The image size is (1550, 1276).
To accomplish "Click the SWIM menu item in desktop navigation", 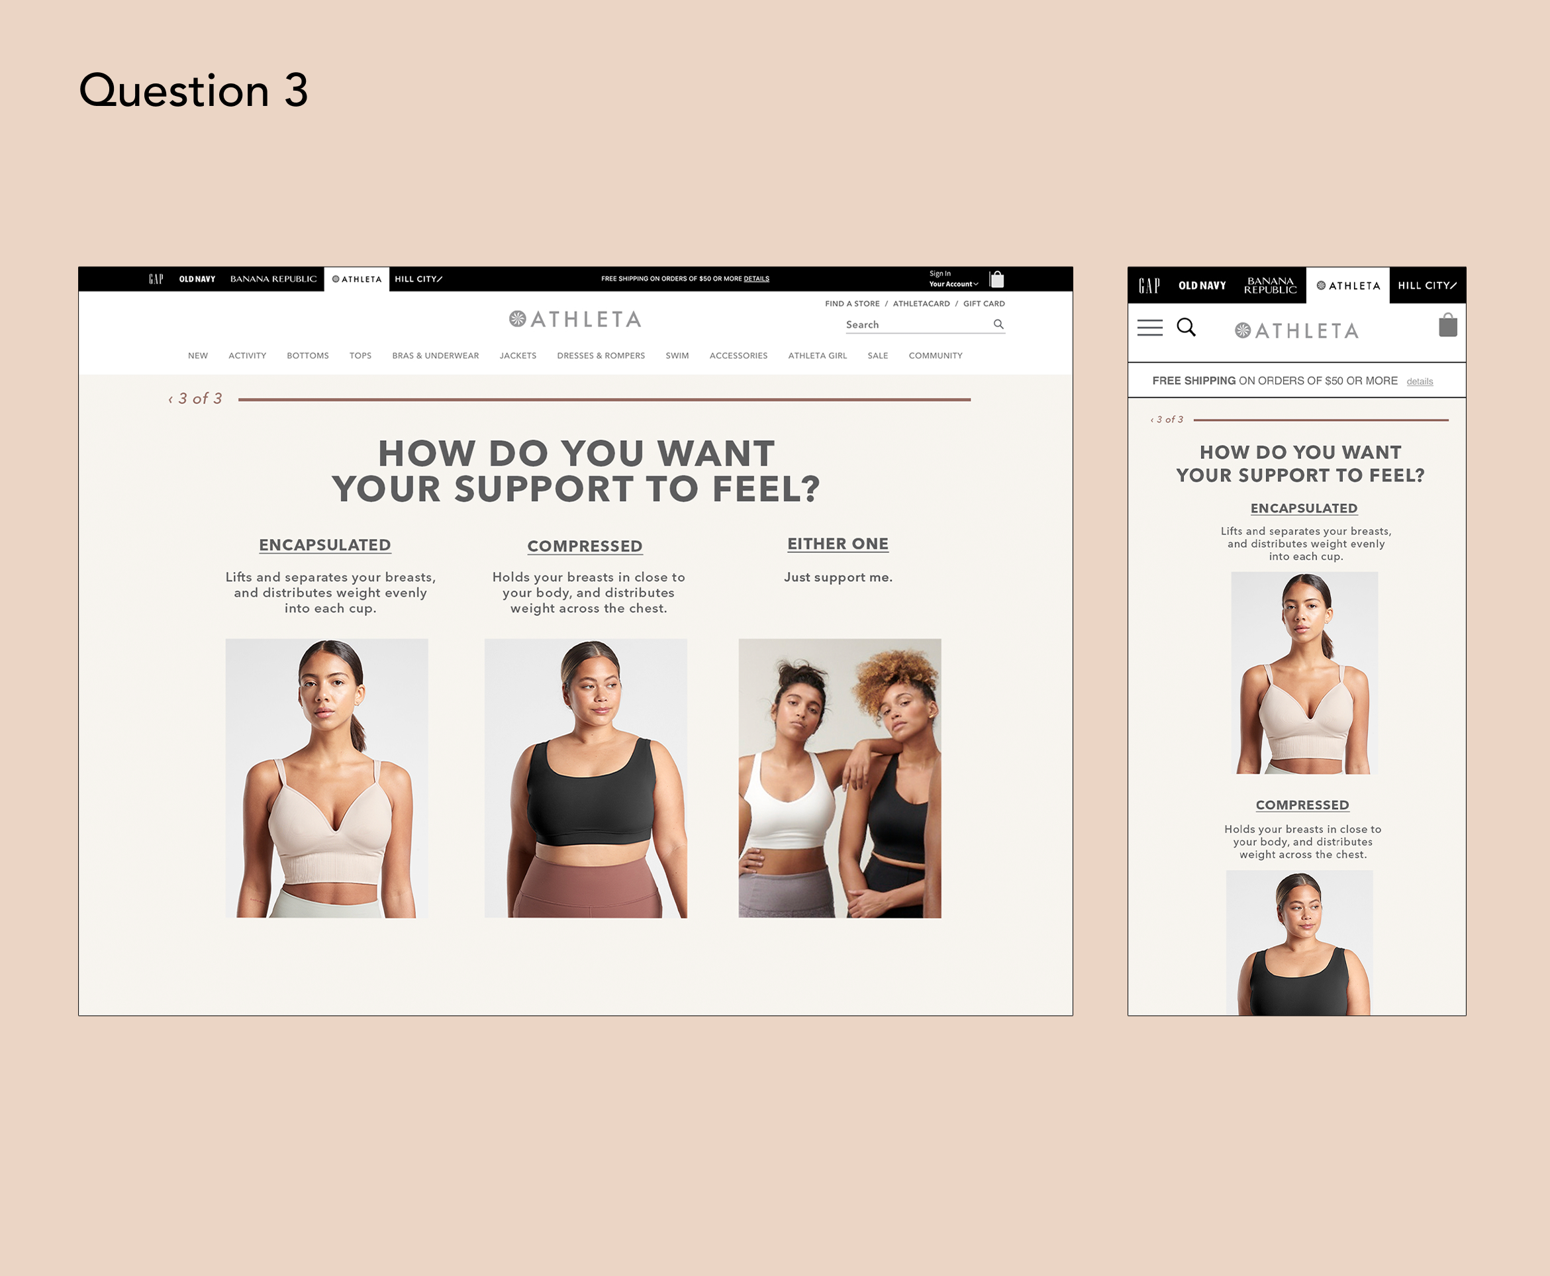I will coord(677,356).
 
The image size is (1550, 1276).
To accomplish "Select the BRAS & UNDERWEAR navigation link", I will coord(435,356).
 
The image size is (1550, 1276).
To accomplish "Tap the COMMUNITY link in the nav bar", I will coord(935,356).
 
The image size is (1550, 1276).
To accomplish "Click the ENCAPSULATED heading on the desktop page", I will coord(325,546).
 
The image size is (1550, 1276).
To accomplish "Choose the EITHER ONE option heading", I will coord(838,544).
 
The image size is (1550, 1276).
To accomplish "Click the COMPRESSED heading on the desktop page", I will coord(585,546).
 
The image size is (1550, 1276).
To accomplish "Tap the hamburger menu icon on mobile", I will coord(1149,328).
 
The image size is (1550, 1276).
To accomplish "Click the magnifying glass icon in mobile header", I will coord(1187,327).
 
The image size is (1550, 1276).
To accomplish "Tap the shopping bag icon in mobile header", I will coord(1447,325).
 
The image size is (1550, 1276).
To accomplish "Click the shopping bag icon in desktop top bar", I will coord(996,279).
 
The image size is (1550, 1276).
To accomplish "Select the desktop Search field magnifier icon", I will coord(998,324).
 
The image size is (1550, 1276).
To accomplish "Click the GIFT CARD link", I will coord(983,303).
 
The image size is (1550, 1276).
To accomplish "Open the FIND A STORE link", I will coord(851,303).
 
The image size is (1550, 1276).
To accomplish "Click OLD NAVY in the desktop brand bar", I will coord(197,279).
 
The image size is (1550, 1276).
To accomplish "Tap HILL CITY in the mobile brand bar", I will coord(1427,285).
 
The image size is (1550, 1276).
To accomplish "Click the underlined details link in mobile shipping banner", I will coord(1419,381).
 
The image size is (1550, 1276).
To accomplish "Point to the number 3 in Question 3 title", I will coord(295,91).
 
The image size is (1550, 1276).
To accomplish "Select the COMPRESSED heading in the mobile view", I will coord(1302,805).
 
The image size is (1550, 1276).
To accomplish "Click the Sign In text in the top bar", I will coord(940,273).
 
